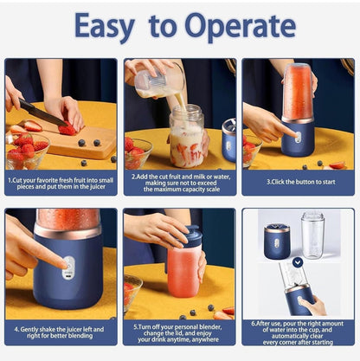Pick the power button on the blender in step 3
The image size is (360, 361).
point(298,138)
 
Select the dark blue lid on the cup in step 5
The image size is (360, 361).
point(192,235)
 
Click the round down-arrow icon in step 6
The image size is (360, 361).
point(298,261)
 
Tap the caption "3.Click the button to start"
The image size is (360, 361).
point(297,183)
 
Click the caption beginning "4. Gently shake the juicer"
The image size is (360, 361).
point(61,333)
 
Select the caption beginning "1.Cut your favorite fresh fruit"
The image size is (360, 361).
point(61,183)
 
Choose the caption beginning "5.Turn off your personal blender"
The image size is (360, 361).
point(179,333)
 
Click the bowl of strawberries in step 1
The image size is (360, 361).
point(26,157)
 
